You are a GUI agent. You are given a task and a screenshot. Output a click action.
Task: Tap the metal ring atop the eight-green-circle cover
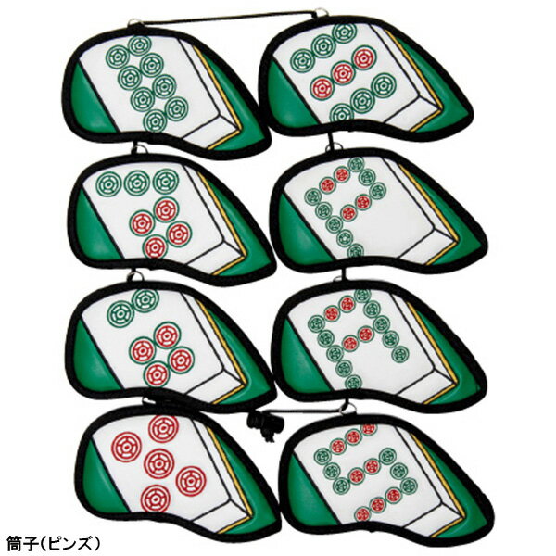[135, 22]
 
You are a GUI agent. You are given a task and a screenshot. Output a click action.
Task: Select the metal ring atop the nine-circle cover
[321, 12]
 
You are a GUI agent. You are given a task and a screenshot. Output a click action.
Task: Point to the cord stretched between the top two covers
[229, 17]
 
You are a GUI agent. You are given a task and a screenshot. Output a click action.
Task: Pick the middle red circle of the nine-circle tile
[343, 73]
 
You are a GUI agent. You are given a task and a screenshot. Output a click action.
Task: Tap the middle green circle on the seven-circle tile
[136, 183]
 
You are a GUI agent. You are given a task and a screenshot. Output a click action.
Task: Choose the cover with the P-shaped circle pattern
[379, 211]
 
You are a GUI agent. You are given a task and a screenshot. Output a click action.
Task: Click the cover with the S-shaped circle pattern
[386, 477]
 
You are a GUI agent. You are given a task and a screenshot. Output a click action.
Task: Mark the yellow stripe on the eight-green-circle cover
[221, 99]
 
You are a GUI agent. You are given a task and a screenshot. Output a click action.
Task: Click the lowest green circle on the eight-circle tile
[156, 120]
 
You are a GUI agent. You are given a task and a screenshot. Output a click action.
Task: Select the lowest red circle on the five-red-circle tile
[155, 498]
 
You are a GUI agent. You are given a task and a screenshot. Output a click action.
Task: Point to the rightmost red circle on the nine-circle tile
[363, 59]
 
